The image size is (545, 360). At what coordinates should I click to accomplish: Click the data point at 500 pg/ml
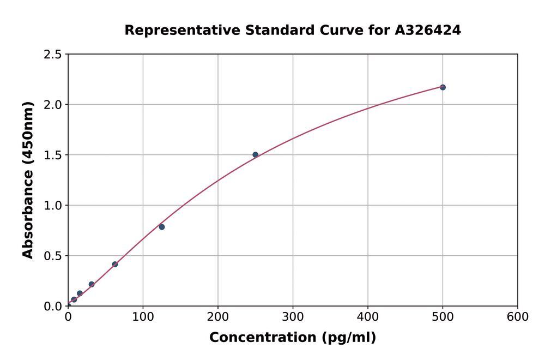(443, 87)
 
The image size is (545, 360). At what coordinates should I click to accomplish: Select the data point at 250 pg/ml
(255, 155)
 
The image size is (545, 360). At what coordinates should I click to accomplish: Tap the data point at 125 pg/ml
(162, 227)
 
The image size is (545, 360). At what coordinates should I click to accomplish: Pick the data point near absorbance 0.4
(115, 264)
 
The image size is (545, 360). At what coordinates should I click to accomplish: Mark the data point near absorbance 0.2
(92, 284)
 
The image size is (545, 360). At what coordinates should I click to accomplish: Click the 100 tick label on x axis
(143, 317)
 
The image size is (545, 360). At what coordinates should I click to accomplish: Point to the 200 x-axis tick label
(218, 317)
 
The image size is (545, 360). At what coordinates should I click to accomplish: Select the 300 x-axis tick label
(293, 317)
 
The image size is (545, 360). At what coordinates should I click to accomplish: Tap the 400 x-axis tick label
(367, 317)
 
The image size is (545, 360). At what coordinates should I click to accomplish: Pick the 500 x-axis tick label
(443, 317)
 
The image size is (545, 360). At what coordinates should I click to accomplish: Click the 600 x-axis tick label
(517, 317)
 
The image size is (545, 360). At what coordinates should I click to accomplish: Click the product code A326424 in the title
(428, 30)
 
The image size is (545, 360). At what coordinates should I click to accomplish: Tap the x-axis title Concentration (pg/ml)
(293, 338)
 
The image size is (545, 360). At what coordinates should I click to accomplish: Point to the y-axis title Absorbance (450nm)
(28, 180)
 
